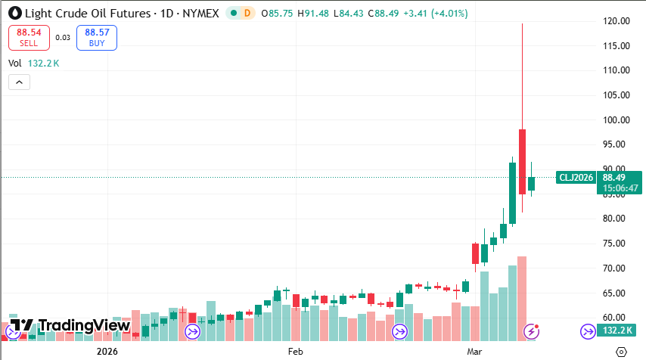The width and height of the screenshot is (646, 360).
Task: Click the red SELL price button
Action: (x=29, y=37)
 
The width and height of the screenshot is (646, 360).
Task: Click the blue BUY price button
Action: (x=96, y=37)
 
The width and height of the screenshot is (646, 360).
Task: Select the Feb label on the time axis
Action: (x=295, y=352)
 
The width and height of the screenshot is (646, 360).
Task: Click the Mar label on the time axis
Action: (x=474, y=352)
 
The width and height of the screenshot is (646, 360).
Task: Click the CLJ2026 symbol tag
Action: (x=576, y=178)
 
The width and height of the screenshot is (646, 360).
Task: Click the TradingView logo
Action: (x=70, y=326)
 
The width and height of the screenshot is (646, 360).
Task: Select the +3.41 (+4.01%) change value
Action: (x=438, y=14)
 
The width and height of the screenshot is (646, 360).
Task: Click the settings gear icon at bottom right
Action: (x=621, y=352)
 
